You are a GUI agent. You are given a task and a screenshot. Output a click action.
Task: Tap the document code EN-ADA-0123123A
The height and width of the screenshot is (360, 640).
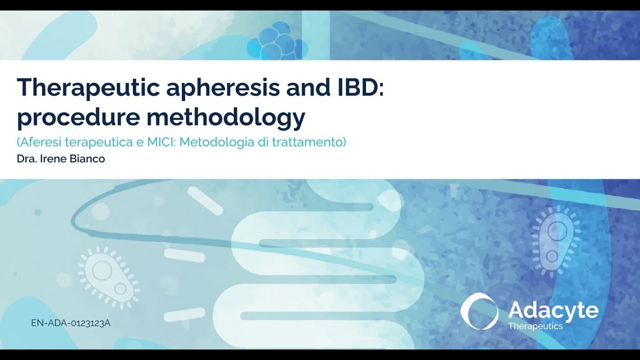[x=70, y=323]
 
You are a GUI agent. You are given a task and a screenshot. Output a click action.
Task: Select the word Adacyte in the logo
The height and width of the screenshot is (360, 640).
[x=553, y=310]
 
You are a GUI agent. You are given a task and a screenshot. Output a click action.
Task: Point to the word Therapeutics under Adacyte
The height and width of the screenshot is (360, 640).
[x=535, y=326]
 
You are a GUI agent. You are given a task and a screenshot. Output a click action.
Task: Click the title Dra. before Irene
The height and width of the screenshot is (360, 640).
[x=25, y=159]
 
